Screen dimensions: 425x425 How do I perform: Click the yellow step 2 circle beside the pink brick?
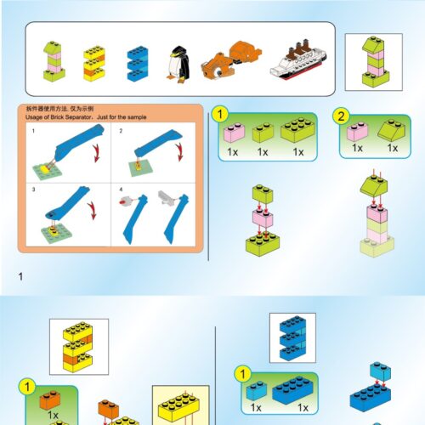(x=342, y=117)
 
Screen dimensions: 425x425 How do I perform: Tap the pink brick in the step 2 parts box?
(x=358, y=131)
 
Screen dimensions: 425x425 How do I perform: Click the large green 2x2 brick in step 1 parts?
(x=297, y=131)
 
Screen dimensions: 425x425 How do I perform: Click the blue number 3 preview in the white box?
(x=292, y=339)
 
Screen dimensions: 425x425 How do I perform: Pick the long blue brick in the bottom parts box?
(x=294, y=392)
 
